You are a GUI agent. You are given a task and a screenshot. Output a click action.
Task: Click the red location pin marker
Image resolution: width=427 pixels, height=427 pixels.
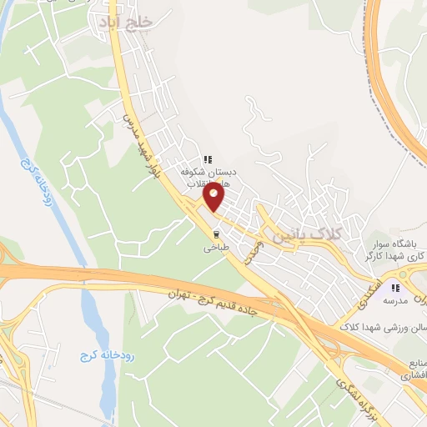tap(213, 198)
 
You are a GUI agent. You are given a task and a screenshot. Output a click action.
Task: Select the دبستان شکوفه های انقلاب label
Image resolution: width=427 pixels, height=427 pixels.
tap(210, 176)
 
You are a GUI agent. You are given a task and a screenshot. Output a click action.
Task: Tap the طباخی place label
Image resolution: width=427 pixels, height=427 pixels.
tap(215, 247)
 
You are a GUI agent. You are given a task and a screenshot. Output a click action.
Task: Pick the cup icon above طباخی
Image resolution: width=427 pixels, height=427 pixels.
tap(216, 234)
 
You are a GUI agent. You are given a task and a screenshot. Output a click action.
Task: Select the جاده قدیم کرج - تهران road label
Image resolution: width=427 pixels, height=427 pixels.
tap(219, 300)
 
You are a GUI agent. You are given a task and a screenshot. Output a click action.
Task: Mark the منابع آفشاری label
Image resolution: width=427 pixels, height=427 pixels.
tap(406, 369)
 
